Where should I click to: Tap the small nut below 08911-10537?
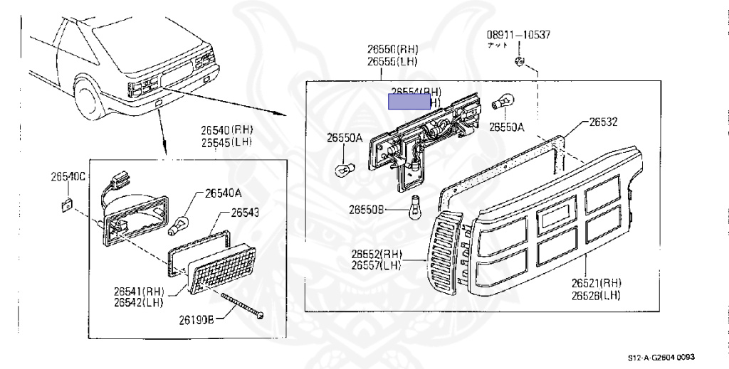click(519, 62)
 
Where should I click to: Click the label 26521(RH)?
click(596, 282)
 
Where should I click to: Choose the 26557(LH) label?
click(376, 265)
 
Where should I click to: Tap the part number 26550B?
click(366, 209)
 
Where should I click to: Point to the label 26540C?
click(68, 176)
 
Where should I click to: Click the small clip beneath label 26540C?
click(65, 205)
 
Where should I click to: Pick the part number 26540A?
click(224, 192)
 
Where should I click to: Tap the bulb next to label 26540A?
click(177, 226)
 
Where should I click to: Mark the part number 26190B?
click(196, 319)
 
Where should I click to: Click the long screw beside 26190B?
click(243, 306)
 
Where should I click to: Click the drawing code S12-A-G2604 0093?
click(661, 357)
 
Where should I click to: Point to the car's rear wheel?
click(88, 100)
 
